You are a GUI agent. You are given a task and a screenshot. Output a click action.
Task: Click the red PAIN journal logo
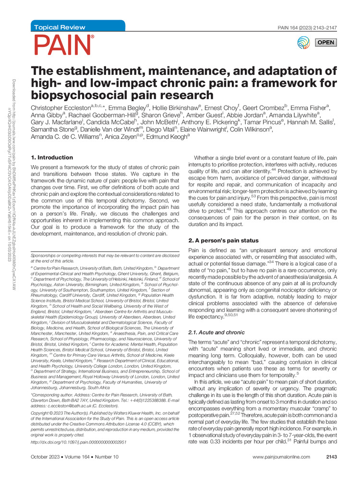pos(63,45)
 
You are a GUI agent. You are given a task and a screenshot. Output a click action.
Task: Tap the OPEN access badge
pos(325,43)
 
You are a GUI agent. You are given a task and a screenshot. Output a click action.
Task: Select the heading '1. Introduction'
pos(51,157)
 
